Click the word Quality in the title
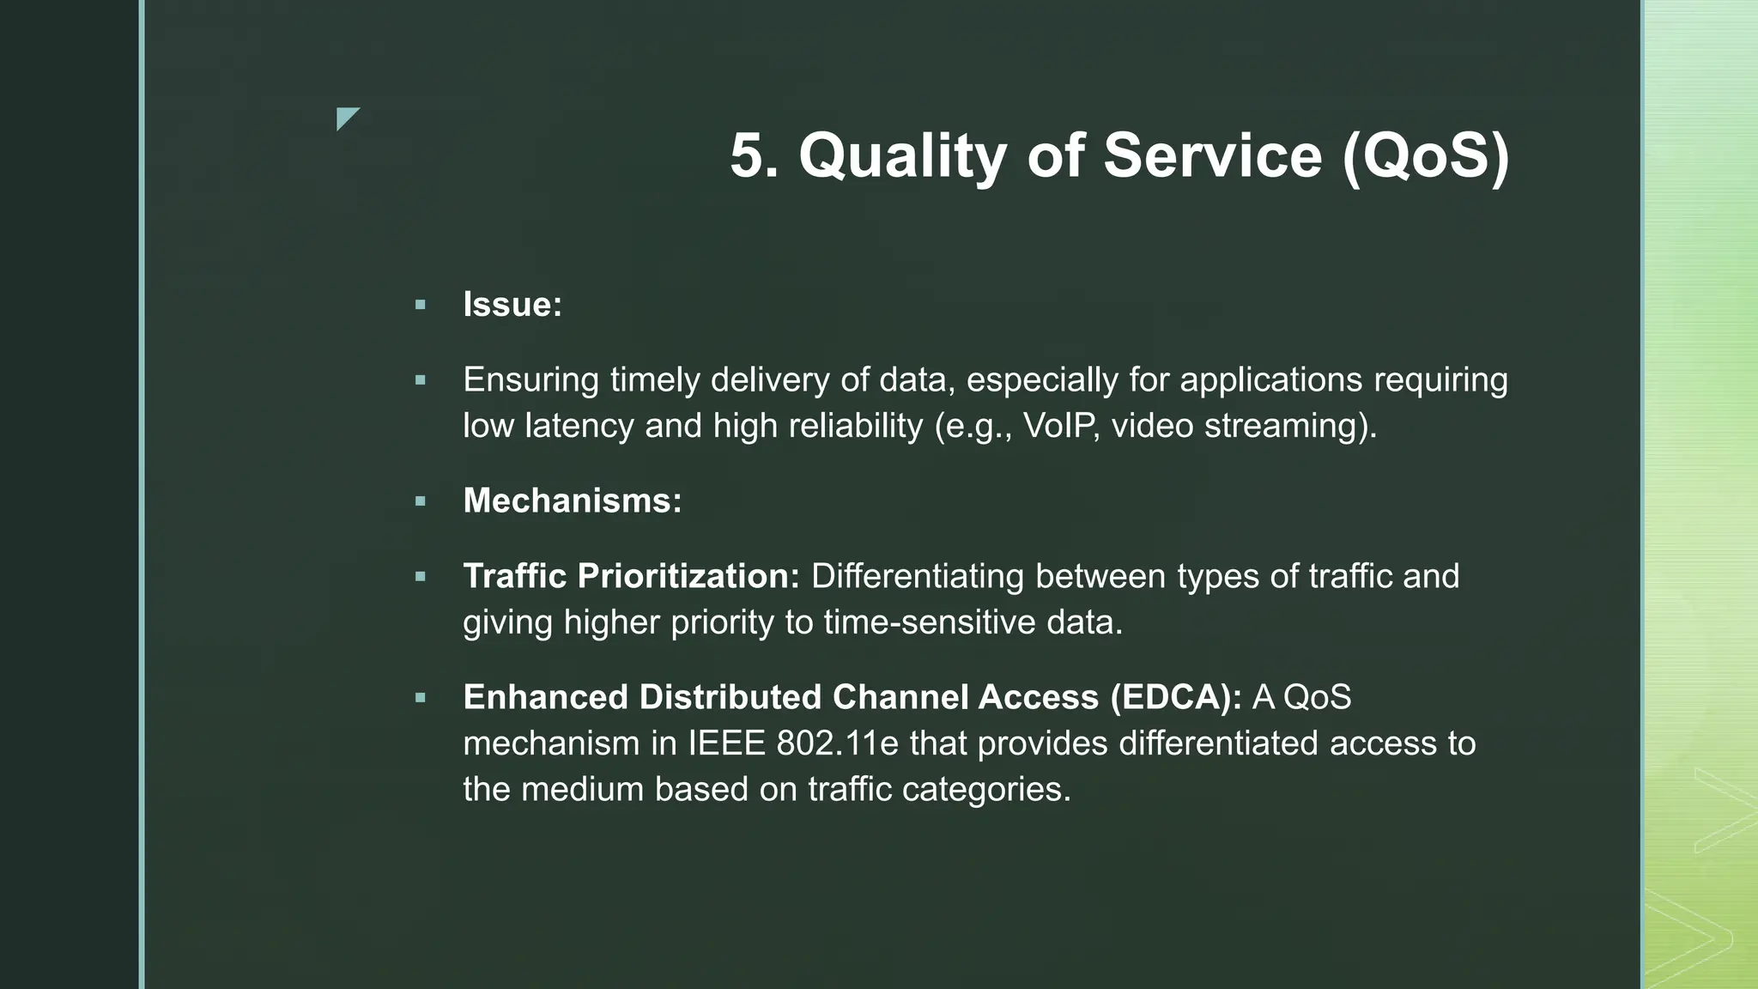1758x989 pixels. (902, 156)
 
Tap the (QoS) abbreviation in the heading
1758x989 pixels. (1424, 156)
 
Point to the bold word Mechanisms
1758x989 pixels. (572, 501)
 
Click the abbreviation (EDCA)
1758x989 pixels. (1175, 697)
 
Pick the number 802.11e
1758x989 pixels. (837, 743)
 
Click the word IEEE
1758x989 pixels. (726, 743)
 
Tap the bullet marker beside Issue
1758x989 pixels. (420, 305)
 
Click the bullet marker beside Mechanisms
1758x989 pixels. (420, 501)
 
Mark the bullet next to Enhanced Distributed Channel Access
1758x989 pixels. (420, 698)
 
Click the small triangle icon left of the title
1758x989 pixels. (346, 118)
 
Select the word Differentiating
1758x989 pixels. (917, 576)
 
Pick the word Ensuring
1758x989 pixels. (530, 379)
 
